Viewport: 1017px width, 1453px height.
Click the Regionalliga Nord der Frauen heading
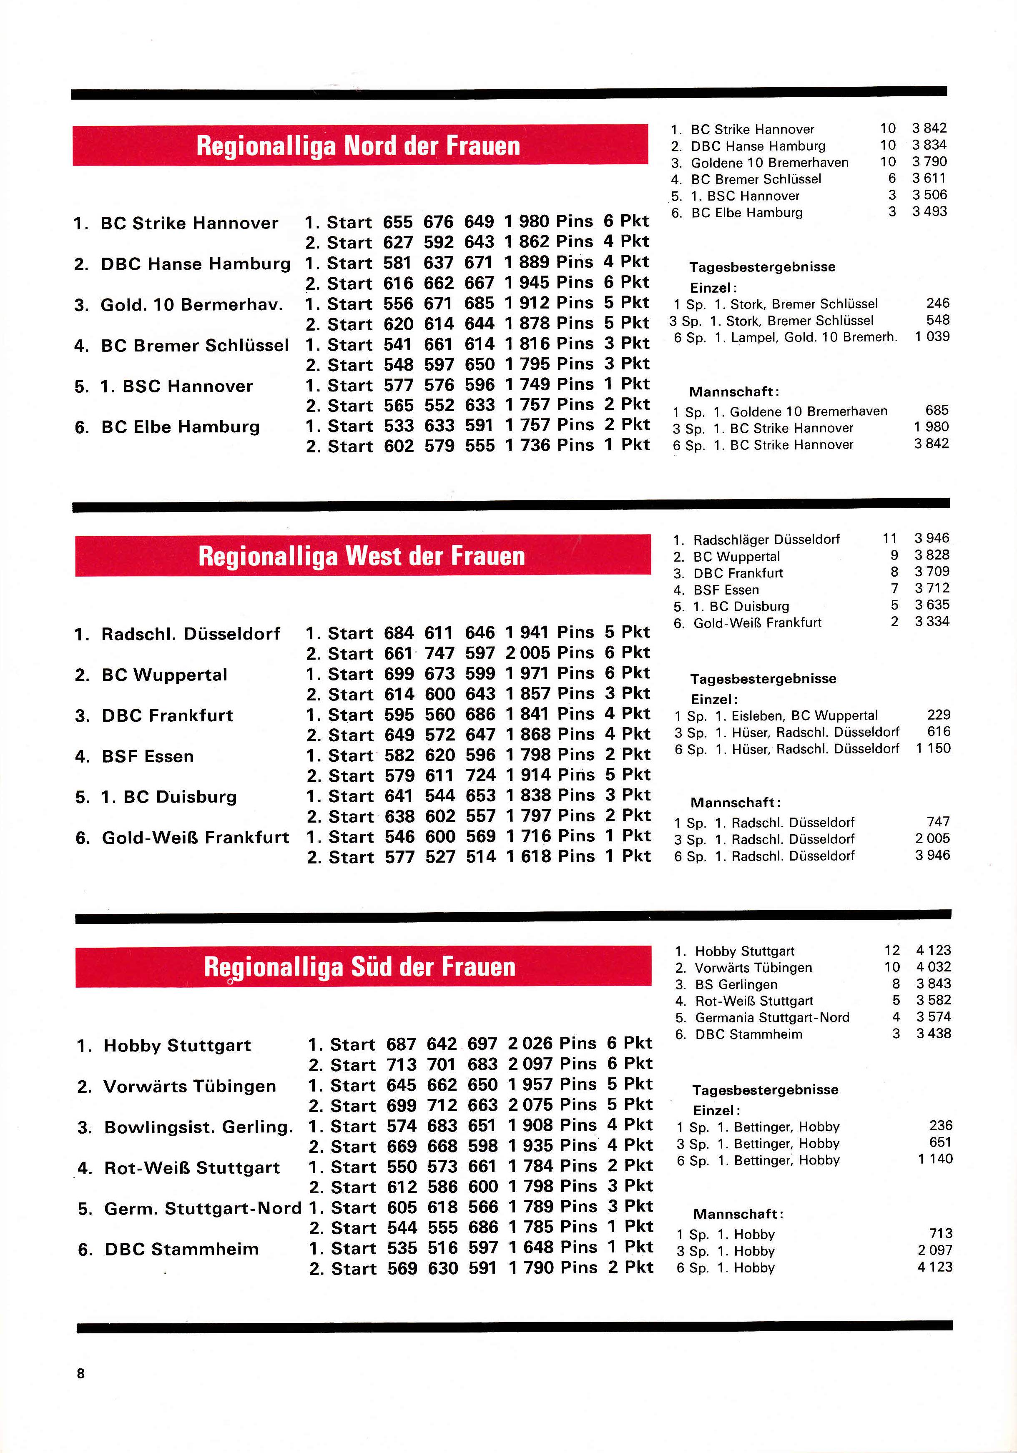point(358,146)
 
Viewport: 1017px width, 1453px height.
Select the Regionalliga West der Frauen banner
point(362,556)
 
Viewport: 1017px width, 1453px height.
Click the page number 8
point(80,1373)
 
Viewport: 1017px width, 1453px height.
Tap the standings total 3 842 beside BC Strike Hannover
point(929,128)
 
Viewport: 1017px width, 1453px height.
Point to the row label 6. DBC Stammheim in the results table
point(168,1249)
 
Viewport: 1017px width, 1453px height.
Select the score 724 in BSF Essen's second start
point(480,775)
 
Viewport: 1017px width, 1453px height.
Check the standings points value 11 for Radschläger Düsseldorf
point(890,539)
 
